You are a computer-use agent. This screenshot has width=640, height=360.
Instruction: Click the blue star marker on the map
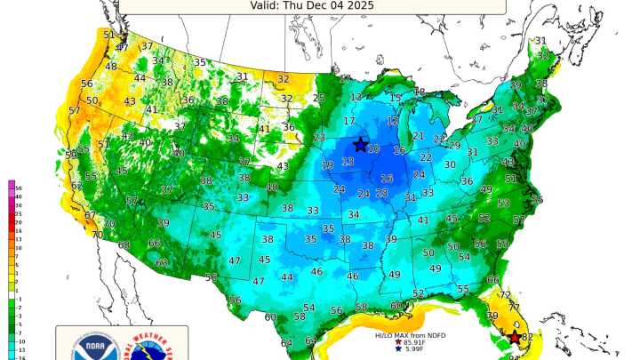[x=361, y=144]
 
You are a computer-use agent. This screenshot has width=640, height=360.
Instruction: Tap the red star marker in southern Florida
[x=515, y=338]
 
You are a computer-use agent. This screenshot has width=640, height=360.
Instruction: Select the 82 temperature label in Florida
[x=527, y=338]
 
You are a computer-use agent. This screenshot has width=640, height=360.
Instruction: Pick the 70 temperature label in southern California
[x=97, y=236]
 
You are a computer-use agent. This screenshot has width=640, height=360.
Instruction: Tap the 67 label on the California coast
[x=90, y=216]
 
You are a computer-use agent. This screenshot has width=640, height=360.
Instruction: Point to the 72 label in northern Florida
[x=505, y=294]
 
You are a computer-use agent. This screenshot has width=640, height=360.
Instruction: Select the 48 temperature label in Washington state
[x=111, y=67]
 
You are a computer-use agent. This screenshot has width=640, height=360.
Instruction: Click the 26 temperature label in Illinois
[x=387, y=179]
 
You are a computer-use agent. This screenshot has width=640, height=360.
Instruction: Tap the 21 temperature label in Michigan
[x=418, y=136]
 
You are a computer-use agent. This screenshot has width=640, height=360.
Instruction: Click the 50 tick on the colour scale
[x=18, y=188]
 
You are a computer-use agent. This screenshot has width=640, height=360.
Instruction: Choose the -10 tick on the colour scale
[x=19, y=340]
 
